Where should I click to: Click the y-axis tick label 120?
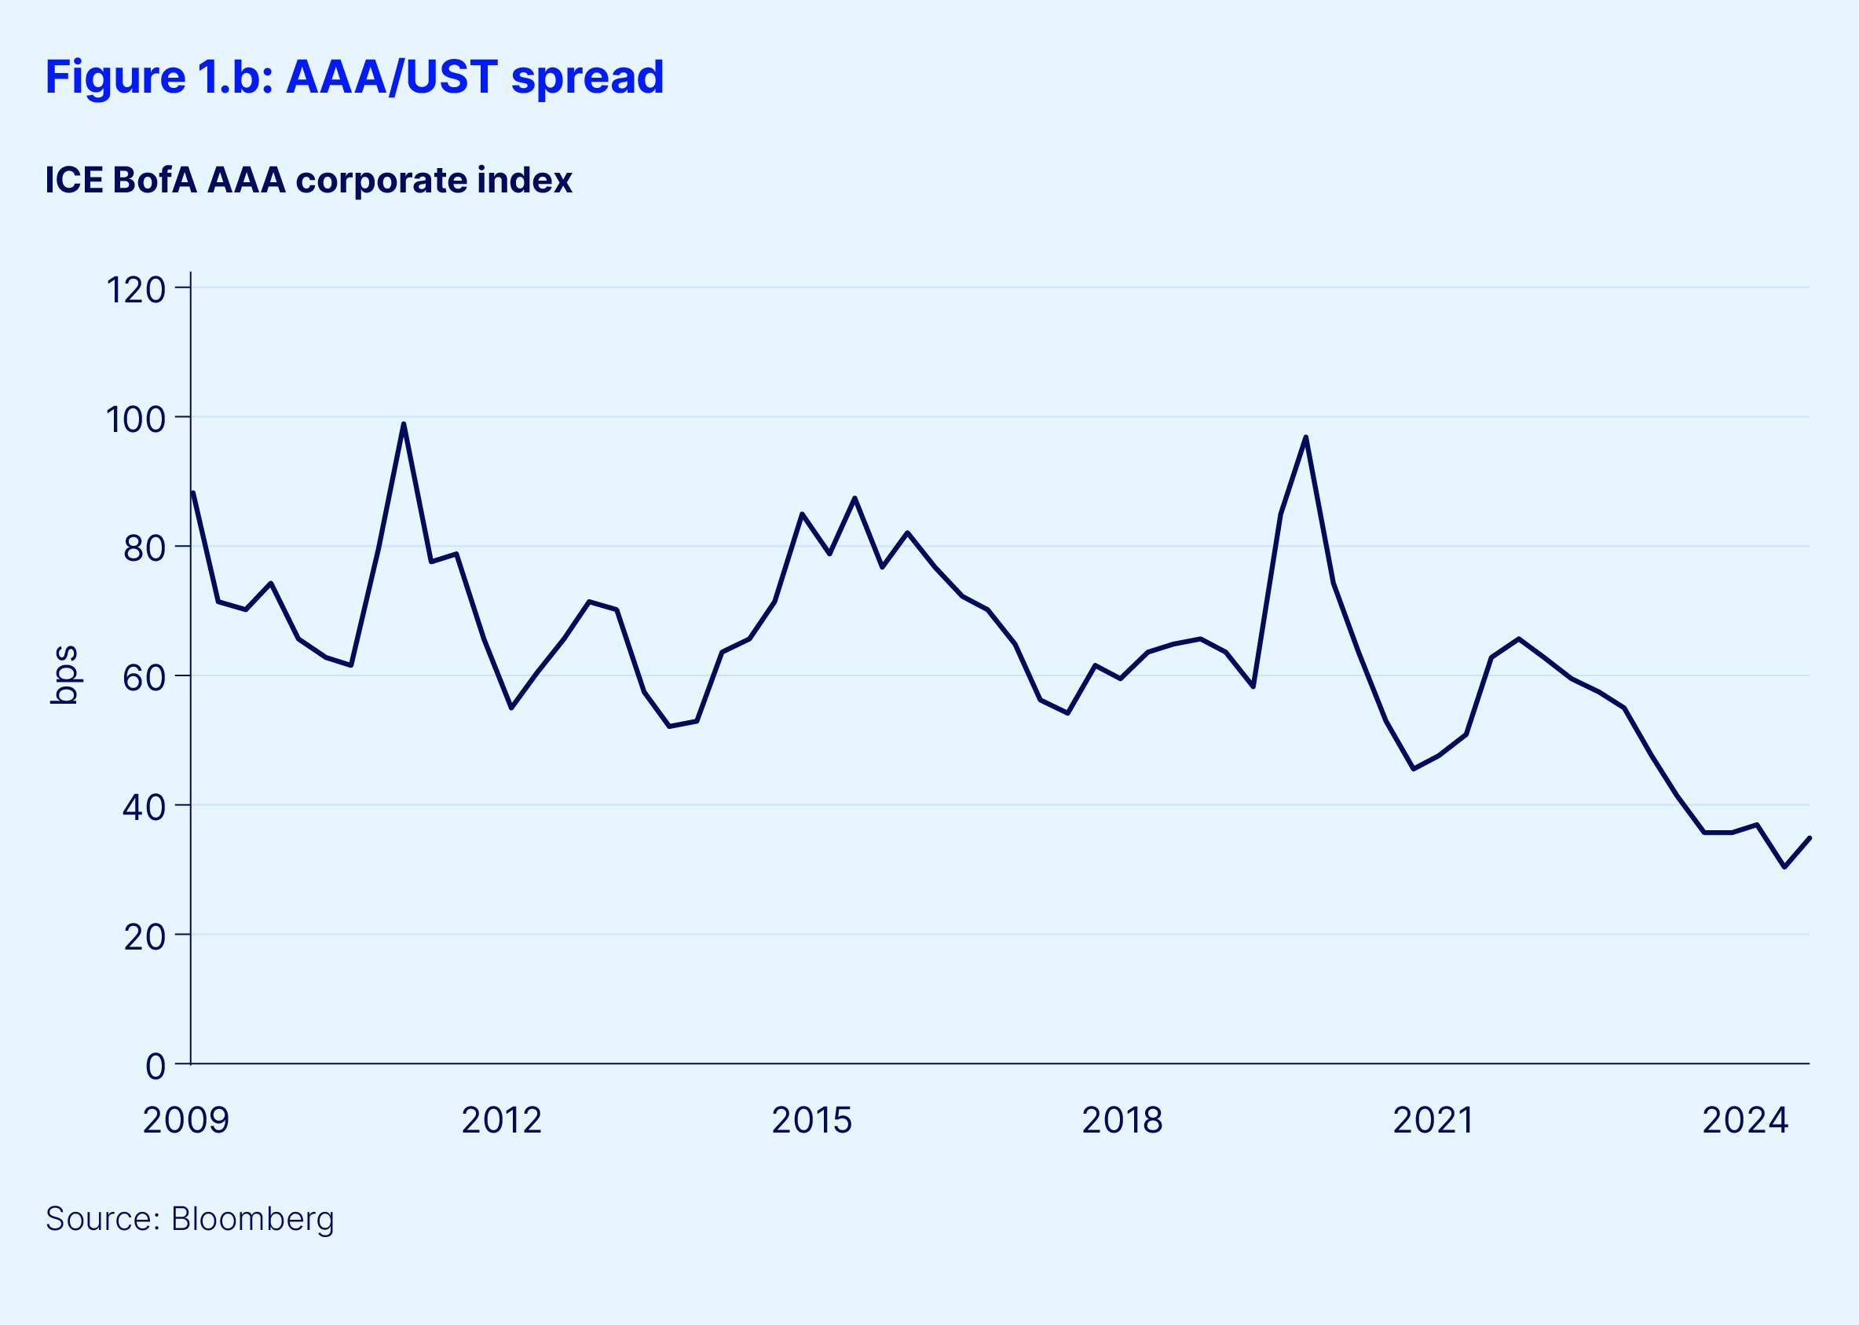pyautogui.click(x=135, y=290)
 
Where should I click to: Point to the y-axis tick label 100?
pyautogui.click(x=135, y=419)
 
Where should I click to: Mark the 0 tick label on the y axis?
pyautogui.click(x=155, y=1067)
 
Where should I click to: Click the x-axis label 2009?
pyautogui.click(x=186, y=1120)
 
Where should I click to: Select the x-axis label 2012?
pyautogui.click(x=502, y=1120)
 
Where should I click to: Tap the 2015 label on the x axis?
pyautogui.click(x=811, y=1120)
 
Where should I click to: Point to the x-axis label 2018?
pyautogui.click(x=1122, y=1120)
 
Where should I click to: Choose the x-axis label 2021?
pyautogui.click(x=1433, y=1120)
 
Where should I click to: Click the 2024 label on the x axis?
pyautogui.click(x=1745, y=1120)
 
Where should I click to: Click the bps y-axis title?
pyautogui.click(x=64, y=675)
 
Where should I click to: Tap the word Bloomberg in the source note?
pyautogui.click(x=253, y=1219)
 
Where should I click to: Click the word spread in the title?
pyautogui.click(x=587, y=78)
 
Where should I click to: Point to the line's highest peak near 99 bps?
pyautogui.click(x=404, y=423)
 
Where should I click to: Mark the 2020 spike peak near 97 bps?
pyautogui.click(x=1306, y=437)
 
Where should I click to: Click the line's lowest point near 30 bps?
pyautogui.click(x=1784, y=866)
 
